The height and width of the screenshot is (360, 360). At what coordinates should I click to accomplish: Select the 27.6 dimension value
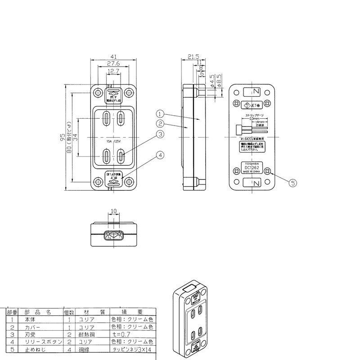[113, 64]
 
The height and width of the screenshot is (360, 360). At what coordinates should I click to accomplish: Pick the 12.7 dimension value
[113, 72]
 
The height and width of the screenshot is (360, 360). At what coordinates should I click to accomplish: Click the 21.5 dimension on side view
[193, 57]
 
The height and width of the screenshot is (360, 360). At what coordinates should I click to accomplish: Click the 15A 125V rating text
[113, 141]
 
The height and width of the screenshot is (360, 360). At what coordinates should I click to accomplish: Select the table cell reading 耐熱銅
[87, 334]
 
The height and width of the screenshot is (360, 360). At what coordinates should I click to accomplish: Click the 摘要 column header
[133, 311]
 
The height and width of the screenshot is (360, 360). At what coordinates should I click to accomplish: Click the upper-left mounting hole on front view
[98, 93]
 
